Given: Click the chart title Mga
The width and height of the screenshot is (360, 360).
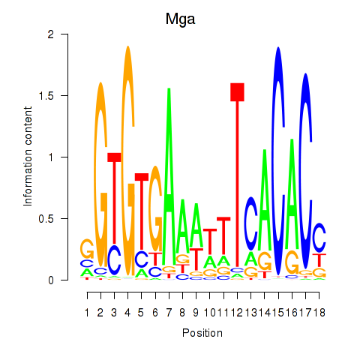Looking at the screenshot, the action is click(180, 19).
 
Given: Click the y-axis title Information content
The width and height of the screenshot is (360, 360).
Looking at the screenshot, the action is click(28, 157).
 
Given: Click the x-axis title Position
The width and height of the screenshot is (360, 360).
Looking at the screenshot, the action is click(202, 333).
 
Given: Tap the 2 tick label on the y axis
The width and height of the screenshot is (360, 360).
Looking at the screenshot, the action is click(51, 34).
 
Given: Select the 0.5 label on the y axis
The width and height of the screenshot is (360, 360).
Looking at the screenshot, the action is click(46, 219).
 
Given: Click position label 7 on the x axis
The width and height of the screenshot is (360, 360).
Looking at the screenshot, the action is click(169, 313).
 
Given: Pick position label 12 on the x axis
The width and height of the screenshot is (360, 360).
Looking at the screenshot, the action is click(237, 313).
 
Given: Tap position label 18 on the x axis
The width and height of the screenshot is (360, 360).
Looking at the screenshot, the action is click(319, 313).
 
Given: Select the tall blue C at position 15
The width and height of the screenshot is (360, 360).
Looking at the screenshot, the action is click(278, 160).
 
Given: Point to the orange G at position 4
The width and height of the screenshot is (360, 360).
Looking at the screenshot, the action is click(128, 160).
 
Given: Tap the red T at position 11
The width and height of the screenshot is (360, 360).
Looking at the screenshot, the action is click(223, 236).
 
